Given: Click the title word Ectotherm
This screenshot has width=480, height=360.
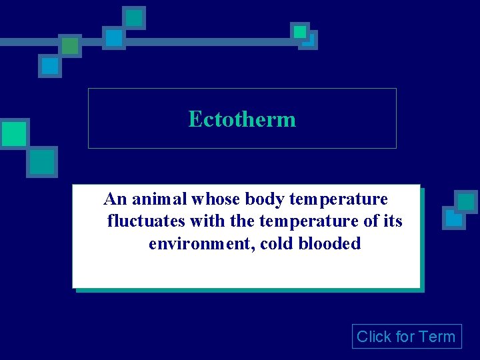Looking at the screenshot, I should pos(242,119).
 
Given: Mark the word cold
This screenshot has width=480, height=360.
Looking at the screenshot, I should pos(277,244).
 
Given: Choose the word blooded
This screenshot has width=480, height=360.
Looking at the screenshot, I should pos(329,244).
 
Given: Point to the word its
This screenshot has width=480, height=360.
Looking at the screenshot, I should pos(392,221).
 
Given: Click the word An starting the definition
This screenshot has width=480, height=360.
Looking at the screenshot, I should pos(115,199).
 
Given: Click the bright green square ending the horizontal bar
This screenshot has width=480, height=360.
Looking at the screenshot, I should pos(300,31).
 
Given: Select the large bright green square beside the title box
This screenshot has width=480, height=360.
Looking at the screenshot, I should pos(13,134).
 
